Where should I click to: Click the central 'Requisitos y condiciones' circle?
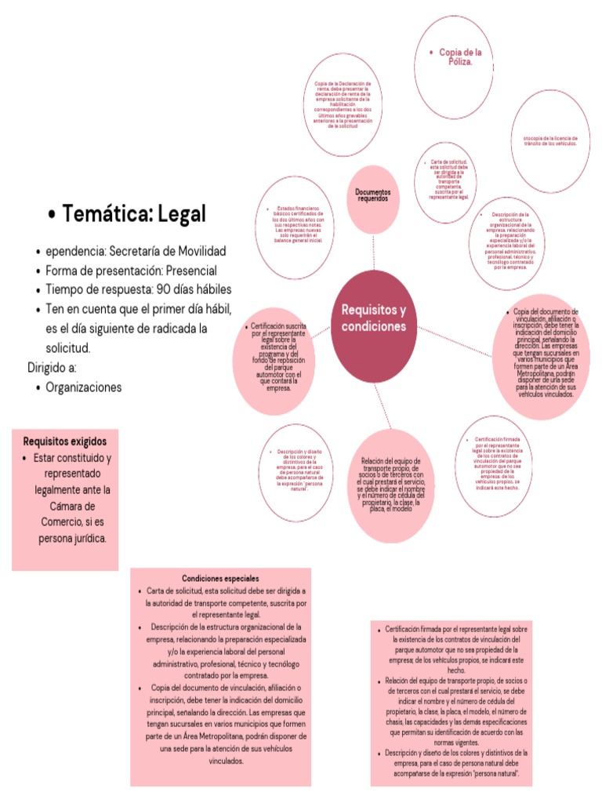[374, 318]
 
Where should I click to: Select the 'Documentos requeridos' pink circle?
[373, 197]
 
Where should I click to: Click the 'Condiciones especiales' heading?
[220, 578]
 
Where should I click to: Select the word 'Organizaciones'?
[84, 387]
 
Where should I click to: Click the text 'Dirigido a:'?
[53, 367]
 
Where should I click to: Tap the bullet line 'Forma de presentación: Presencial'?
[131, 270]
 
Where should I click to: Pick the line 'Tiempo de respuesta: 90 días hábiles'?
[139, 289]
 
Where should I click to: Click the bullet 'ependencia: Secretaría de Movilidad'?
[136, 251]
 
